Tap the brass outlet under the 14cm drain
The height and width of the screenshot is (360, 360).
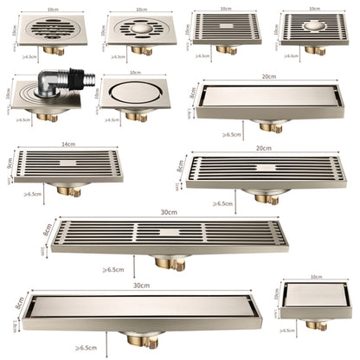pos(68,189)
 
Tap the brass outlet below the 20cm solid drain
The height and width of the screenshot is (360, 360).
pos(270,126)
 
